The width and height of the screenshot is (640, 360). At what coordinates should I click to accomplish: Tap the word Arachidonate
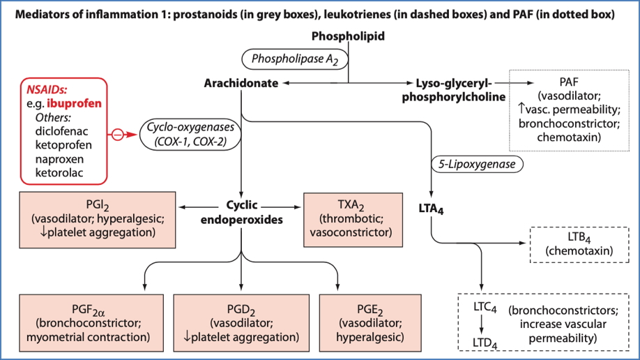(x=241, y=83)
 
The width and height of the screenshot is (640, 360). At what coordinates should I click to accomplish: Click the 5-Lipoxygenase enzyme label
(x=473, y=165)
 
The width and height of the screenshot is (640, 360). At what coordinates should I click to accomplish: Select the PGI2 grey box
(x=98, y=218)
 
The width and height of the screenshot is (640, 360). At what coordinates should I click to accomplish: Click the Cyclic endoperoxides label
(x=241, y=211)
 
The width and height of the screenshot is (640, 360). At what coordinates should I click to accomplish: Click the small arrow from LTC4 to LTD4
(x=482, y=324)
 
